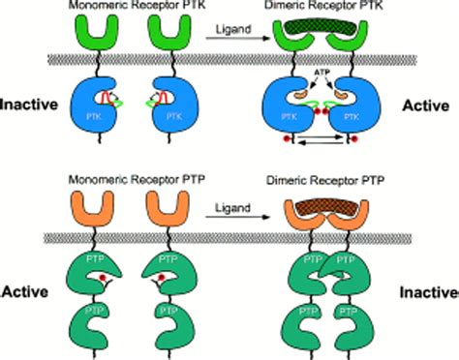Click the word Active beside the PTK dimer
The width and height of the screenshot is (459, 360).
[x=426, y=102]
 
